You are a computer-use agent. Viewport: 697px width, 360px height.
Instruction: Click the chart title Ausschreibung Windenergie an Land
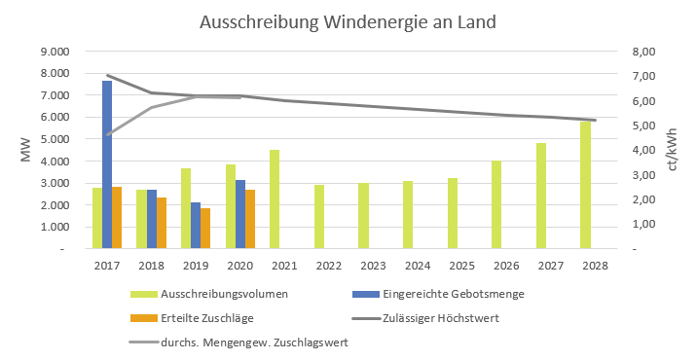pyautogui.click(x=348, y=21)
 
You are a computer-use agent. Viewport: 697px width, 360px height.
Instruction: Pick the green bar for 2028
pyautogui.click(x=585, y=185)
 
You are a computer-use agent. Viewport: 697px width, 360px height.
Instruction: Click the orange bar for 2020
pyautogui.click(x=250, y=219)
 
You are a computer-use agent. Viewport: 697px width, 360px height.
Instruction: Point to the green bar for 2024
pyautogui.click(x=408, y=215)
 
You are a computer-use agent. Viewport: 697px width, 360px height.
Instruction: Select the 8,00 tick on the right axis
pyautogui.click(x=646, y=52)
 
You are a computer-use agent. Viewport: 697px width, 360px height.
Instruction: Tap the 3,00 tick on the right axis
pyautogui.click(x=646, y=175)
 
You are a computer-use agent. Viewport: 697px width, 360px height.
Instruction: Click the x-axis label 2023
pyautogui.click(x=373, y=265)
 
